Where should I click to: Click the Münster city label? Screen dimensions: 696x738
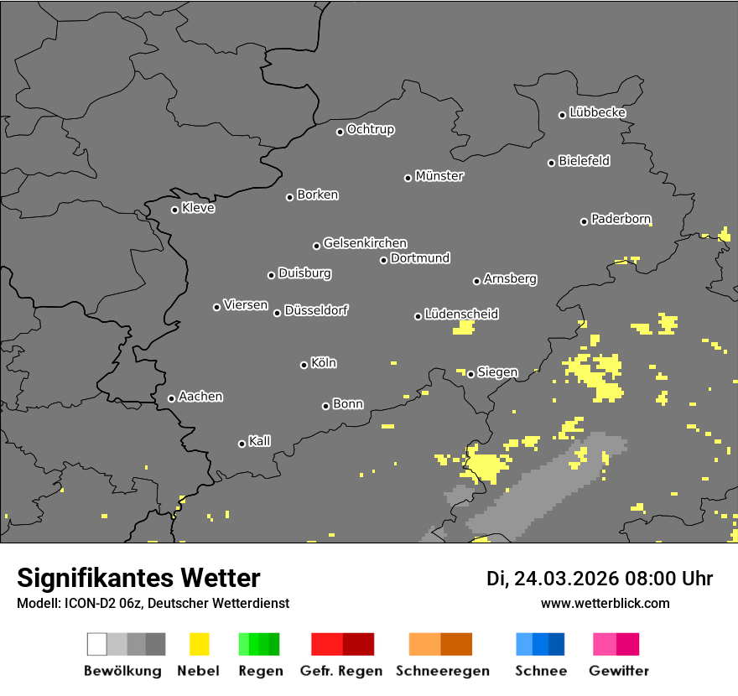439,176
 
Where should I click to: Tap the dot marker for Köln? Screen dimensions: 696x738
304,365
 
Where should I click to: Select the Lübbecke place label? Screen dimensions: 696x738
597,112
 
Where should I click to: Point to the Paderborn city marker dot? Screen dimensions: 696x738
584,221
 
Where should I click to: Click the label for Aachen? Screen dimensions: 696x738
200,397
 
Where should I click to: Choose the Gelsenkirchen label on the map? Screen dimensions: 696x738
365,243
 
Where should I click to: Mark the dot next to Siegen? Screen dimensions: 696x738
470,374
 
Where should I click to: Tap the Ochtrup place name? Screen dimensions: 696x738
371,129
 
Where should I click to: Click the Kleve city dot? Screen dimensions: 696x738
174,210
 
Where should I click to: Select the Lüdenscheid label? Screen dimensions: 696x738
461,314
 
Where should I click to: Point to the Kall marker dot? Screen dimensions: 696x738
242,444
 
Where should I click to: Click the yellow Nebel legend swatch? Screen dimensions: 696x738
199,644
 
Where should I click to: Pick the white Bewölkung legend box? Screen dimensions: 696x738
96,644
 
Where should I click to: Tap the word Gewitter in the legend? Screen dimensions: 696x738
619,671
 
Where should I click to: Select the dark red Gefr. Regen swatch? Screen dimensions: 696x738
358,644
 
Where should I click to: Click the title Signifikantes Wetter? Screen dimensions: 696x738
138,578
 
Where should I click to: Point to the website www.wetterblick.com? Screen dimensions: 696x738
605,603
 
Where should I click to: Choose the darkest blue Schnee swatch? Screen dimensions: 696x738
557,644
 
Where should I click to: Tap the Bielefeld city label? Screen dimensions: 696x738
584,161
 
